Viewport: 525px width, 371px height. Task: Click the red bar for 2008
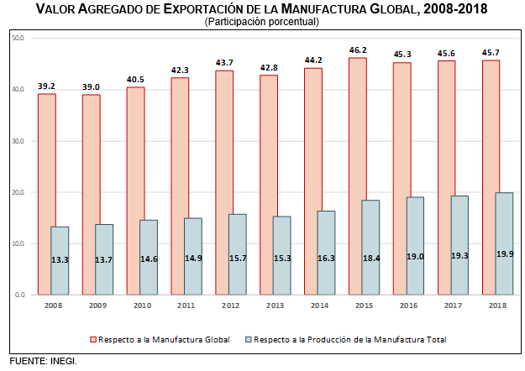click(x=47, y=193)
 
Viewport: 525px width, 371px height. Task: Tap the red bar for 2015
click(x=358, y=176)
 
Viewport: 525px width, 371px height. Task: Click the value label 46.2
click(x=358, y=50)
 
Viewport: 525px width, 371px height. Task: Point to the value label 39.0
click(x=91, y=87)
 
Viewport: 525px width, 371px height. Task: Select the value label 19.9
click(x=504, y=253)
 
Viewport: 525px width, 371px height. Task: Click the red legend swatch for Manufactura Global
click(x=92, y=340)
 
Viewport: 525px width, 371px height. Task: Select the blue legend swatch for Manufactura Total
click(x=249, y=340)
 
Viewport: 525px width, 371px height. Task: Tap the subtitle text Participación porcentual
click(x=262, y=21)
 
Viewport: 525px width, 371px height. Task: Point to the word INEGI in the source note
click(x=66, y=362)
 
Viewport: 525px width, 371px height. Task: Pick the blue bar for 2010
click(x=149, y=257)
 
